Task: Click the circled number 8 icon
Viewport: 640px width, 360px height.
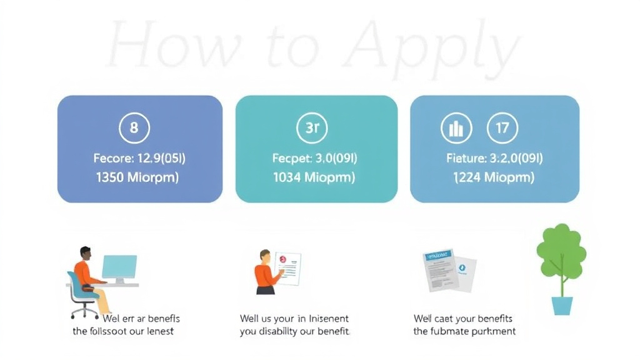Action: pos(134,129)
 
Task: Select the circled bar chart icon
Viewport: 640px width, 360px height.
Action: pos(456,129)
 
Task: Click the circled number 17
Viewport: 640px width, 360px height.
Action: pos(502,129)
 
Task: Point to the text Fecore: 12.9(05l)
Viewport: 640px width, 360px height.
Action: pos(139,158)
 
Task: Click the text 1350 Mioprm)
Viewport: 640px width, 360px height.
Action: pos(137,177)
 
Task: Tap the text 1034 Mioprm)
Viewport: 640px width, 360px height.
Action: pos(314,177)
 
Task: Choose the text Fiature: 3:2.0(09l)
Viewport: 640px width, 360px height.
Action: pos(494,158)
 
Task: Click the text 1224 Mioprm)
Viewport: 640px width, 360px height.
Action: pos(494,177)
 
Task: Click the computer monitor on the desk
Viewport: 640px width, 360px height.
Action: pos(119,267)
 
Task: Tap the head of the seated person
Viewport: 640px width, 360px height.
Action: pos(85,253)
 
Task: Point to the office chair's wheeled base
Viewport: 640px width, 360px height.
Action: pos(84,311)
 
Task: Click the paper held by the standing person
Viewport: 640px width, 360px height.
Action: pos(287,267)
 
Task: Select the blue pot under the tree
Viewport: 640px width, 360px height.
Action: pos(562,306)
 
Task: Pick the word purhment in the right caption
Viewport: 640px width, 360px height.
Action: pos(492,331)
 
